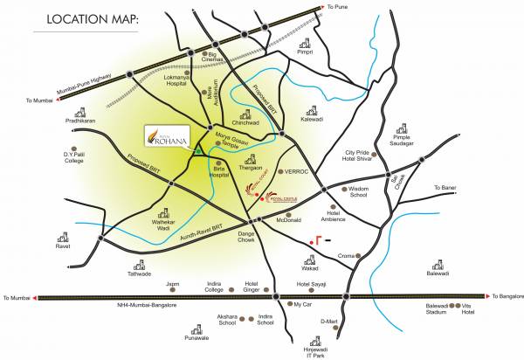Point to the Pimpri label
[305, 52]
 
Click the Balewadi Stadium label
[436, 309]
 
